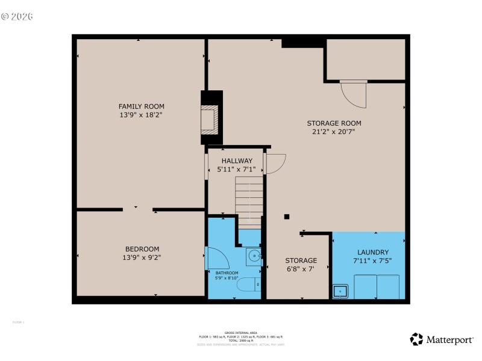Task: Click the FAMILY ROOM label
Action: (x=141, y=106)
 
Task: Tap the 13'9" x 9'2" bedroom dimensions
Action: (x=142, y=257)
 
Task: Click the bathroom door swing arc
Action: (x=214, y=259)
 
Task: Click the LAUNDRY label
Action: (x=372, y=252)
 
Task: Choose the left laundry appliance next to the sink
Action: (x=365, y=286)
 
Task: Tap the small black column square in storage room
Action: (x=287, y=217)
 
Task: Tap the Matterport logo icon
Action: (x=416, y=339)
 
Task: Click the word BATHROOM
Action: (x=227, y=273)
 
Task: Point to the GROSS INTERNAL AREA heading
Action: (x=240, y=332)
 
